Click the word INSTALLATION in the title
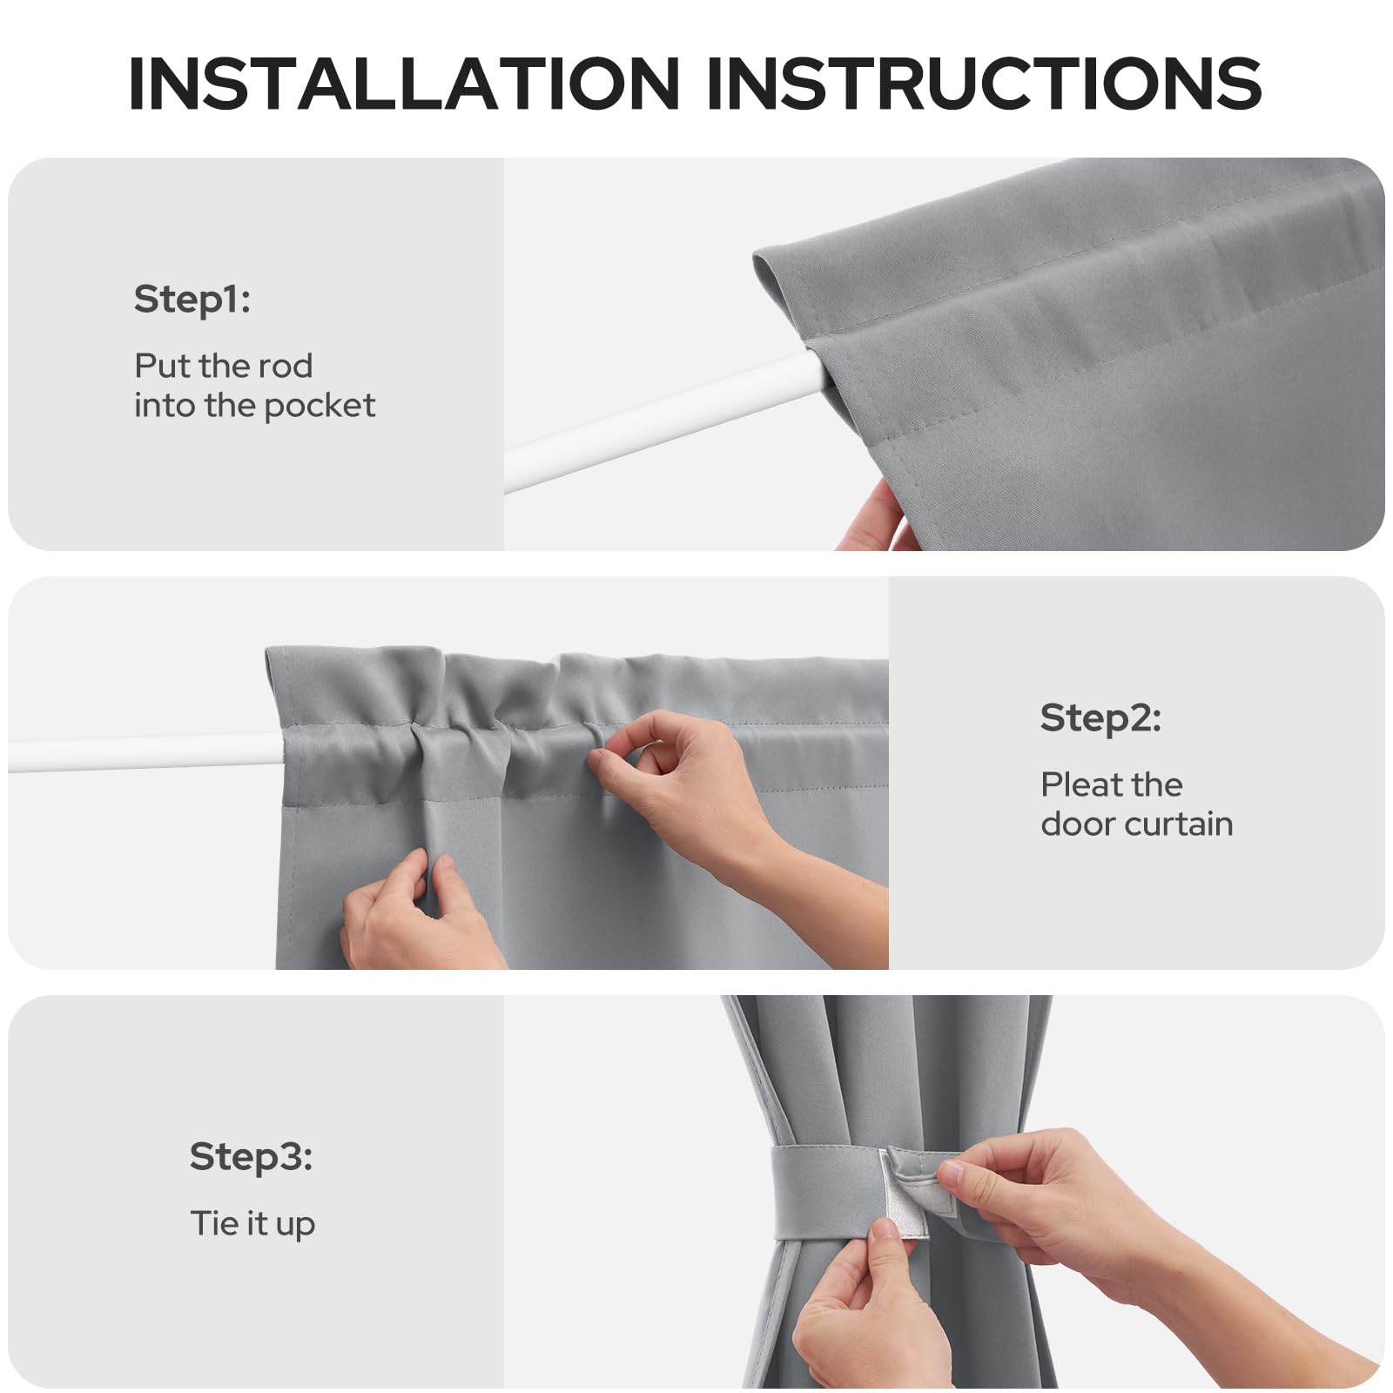click(403, 84)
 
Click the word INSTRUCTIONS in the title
click(984, 84)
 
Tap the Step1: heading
click(192, 299)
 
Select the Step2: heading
click(1100, 718)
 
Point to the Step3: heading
click(251, 1157)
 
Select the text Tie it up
click(252, 1224)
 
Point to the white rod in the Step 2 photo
click(145, 753)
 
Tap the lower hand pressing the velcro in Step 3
click(871, 1306)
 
